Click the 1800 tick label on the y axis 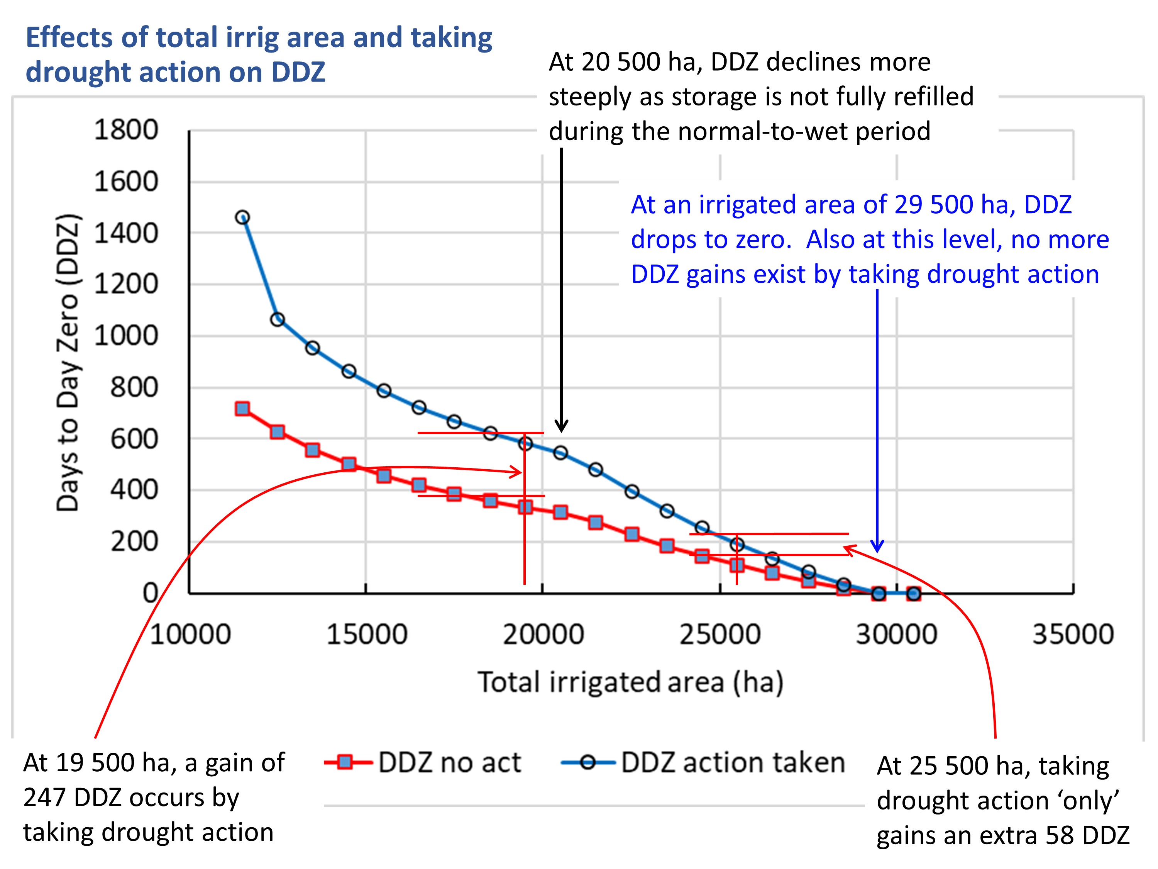(125, 130)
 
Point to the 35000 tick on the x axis (1073, 634)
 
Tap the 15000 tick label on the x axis (366, 634)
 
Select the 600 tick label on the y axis (134, 439)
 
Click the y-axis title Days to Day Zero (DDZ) (68, 363)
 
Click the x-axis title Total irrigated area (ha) (630, 682)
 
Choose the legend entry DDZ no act (449, 763)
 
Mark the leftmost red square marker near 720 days (242, 409)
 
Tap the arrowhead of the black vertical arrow (561, 426)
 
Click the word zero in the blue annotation (764, 240)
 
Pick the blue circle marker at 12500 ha (278, 319)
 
